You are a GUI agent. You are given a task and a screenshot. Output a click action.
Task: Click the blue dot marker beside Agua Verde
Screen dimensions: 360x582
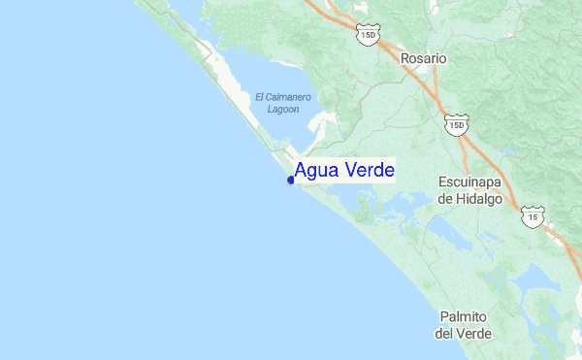(x=291, y=180)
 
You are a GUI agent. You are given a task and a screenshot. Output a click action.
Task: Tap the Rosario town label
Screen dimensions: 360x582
(x=424, y=58)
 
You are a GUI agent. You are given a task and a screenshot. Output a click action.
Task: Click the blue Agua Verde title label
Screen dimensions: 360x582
(x=344, y=171)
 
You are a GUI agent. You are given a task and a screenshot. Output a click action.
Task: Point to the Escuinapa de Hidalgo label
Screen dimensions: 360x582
(x=469, y=190)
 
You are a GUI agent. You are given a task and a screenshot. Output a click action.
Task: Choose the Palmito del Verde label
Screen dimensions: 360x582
(x=464, y=325)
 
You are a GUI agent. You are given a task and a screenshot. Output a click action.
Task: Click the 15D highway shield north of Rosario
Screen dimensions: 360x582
(x=368, y=36)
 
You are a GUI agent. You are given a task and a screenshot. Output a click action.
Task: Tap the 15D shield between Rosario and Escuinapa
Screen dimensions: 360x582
(x=456, y=124)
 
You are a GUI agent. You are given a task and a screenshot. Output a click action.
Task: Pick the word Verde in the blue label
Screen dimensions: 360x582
(x=367, y=171)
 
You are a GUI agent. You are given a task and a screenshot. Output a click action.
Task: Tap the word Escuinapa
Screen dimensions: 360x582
(x=469, y=181)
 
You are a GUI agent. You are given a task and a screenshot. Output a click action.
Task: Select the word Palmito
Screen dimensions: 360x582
(x=464, y=316)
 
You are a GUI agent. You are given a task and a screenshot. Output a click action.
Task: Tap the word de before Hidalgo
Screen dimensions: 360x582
(x=446, y=199)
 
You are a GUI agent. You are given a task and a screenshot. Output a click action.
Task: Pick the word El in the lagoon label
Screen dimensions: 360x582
(x=260, y=97)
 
